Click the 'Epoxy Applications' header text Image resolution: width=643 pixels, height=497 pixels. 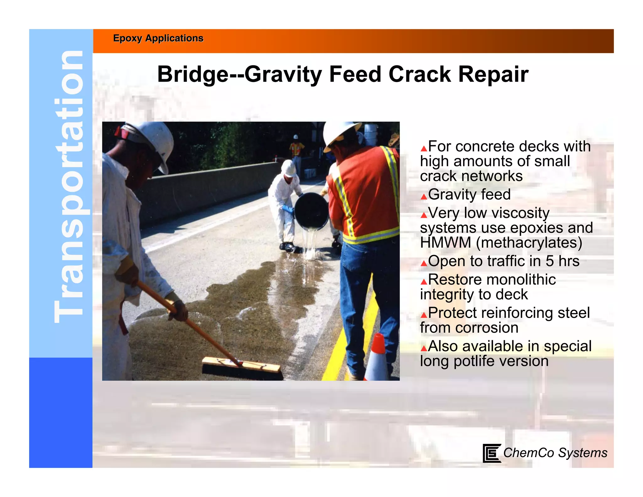point(158,38)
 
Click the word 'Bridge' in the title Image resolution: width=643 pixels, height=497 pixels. point(192,74)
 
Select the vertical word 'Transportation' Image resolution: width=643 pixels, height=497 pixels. point(68,187)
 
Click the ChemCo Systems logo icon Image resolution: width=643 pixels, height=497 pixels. point(491,453)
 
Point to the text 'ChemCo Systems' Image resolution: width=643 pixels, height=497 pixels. point(555,453)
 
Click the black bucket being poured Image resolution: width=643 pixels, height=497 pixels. point(311,211)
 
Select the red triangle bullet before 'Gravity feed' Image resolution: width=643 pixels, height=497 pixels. point(424,197)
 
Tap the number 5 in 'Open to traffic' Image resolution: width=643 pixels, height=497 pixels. point(549,261)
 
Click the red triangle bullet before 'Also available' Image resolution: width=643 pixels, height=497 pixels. point(424,348)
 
